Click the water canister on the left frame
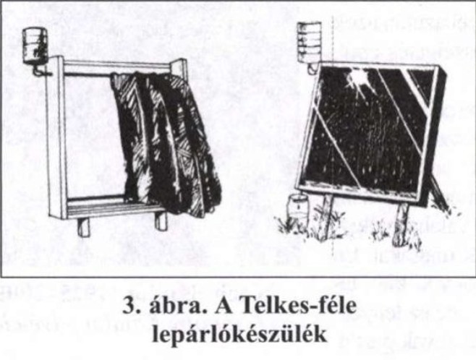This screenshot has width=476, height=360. pos(35,46)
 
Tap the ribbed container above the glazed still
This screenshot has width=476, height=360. pos(309,42)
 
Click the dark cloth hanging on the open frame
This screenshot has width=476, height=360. pos(166,142)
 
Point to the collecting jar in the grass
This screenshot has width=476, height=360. pos(298,209)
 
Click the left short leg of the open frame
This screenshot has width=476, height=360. pos(83,227)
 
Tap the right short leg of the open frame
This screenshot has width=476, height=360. pos(161,220)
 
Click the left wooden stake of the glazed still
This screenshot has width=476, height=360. pos(326,216)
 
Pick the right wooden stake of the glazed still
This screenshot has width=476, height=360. pos(400,224)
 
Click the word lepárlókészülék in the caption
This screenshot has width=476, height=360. pos(240,335)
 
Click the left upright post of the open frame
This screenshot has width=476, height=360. pos(56,137)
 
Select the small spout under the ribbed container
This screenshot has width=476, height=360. pos(312,68)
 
